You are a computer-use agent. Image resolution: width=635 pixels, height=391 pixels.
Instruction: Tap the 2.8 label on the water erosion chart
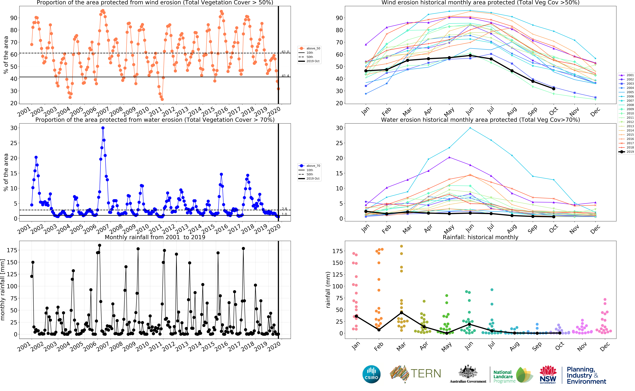[284, 209]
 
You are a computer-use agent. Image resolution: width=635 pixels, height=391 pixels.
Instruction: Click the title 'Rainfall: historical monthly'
[480, 237]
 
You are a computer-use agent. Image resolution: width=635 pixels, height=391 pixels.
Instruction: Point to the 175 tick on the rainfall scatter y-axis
[337, 251]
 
